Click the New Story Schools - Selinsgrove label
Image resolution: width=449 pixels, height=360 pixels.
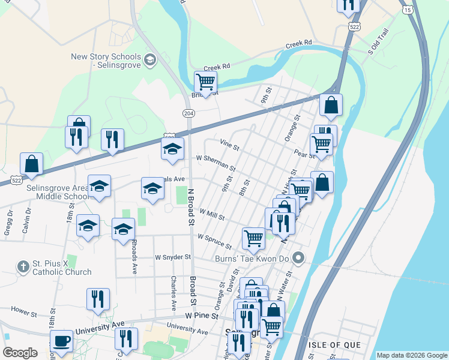point(105,61)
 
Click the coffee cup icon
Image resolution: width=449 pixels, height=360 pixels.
point(61,341)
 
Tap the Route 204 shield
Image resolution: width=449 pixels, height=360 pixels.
point(188,112)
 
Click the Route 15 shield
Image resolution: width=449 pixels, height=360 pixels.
point(408,10)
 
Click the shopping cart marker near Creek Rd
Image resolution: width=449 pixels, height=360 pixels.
point(205,81)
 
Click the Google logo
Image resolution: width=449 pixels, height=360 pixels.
point(20,353)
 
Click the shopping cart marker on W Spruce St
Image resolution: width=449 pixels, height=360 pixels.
point(253,238)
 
